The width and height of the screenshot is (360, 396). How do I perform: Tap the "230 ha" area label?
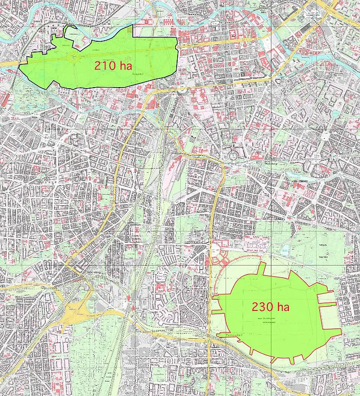[x=270, y=307]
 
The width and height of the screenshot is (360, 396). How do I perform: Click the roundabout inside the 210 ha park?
[x=74, y=57]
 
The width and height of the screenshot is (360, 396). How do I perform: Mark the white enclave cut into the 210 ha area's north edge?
[x=76, y=32]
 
